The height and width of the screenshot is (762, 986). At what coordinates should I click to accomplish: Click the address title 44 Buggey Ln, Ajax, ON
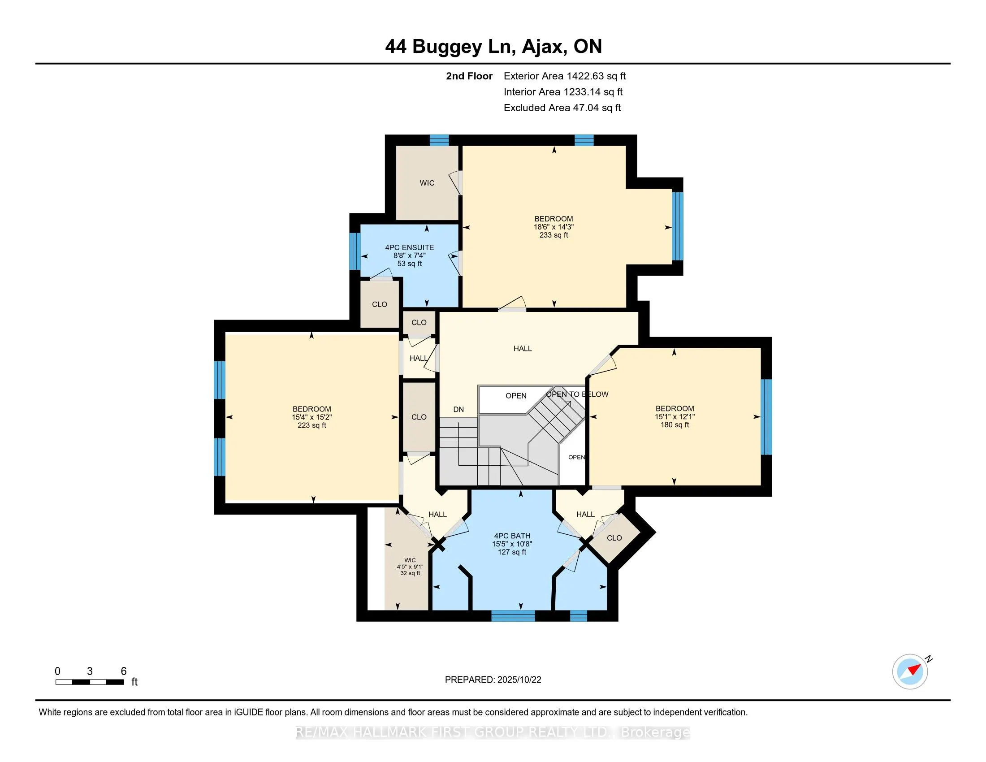pyautogui.click(x=493, y=47)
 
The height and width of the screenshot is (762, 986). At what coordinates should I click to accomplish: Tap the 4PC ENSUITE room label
pyautogui.click(x=410, y=247)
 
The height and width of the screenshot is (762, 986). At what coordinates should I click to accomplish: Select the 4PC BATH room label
pyautogui.click(x=512, y=536)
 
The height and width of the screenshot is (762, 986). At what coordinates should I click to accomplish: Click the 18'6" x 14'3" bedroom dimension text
pyautogui.click(x=554, y=227)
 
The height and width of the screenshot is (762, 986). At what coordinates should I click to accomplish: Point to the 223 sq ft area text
pyautogui.click(x=311, y=425)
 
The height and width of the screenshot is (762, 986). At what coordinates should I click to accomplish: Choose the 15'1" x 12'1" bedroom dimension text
pyautogui.click(x=675, y=417)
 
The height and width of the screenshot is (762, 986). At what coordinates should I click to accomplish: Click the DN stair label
pyautogui.click(x=458, y=409)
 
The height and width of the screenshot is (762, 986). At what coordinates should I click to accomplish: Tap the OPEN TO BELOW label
pyautogui.click(x=577, y=394)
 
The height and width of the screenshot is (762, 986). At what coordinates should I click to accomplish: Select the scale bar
pyautogui.click(x=90, y=682)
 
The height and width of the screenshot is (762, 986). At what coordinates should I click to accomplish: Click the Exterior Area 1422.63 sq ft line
pyautogui.click(x=565, y=76)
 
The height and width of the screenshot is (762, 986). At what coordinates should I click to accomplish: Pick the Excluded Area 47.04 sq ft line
pyautogui.click(x=562, y=108)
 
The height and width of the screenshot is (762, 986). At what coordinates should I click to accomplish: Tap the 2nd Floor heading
pyautogui.click(x=469, y=76)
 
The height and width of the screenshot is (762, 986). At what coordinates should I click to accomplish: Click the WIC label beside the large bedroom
pyautogui.click(x=427, y=183)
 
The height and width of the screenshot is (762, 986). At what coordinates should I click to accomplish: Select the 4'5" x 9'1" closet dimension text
pyautogui.click(x=410, y=567)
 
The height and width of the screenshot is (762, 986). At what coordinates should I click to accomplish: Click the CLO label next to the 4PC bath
pyautogui.click(x=614, y=537)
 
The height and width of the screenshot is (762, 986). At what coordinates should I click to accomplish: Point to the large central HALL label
pyautogui.click(x=522, y=348)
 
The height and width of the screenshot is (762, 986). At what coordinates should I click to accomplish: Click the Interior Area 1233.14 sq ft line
pyautogui.click(x=563, y=92)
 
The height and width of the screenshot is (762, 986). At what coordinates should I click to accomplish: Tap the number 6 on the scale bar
pyautogui.click(x=124, y=671)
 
